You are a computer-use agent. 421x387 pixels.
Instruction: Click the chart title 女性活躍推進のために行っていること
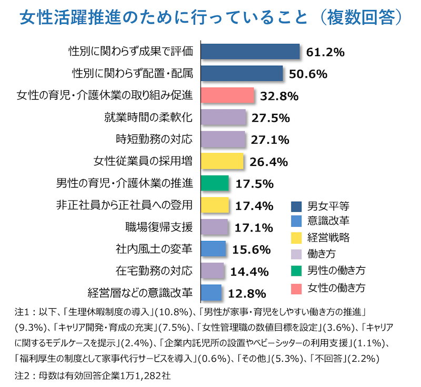point(163,17)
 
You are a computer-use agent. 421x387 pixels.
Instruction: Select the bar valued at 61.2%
point(250,51)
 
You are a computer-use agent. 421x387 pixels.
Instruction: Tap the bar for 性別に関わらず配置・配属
point(242,74)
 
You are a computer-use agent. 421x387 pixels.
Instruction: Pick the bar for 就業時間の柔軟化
point(224,118)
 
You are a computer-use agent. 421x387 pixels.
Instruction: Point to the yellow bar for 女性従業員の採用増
point(222,161)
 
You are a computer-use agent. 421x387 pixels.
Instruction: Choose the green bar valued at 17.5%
point(215,183)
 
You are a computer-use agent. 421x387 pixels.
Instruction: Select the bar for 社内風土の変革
point(213,249)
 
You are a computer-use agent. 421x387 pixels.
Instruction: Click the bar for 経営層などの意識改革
point(211,292)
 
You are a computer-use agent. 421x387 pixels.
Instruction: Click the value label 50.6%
point(308,74)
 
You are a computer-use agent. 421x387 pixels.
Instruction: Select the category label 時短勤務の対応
point(154,140)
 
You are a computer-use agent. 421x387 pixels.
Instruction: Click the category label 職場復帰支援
point(159,227)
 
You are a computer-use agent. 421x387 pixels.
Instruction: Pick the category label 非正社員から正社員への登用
point(124,205)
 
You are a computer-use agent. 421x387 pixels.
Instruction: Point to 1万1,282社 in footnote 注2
point(146,375)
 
